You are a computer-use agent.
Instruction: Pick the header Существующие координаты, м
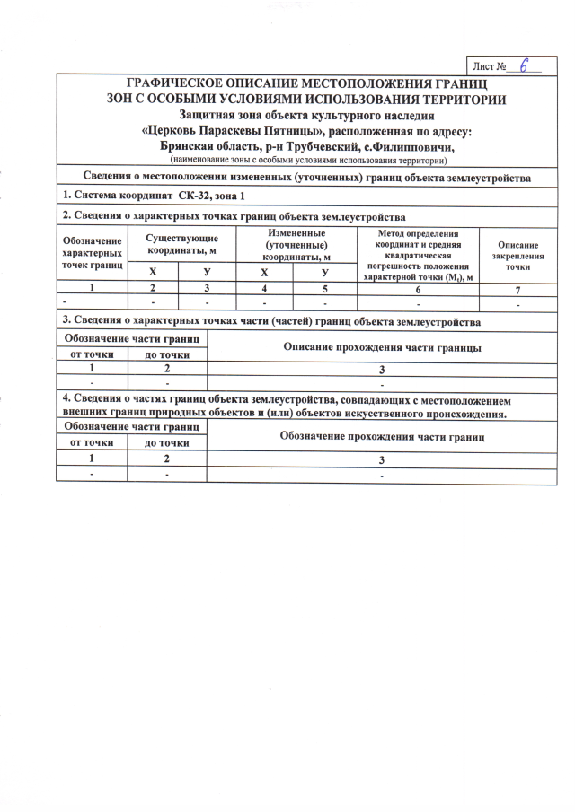181,244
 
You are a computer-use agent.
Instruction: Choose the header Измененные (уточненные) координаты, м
295,244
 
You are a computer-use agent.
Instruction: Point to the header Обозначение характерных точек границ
92,255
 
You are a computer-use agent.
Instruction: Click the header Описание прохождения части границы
382,346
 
